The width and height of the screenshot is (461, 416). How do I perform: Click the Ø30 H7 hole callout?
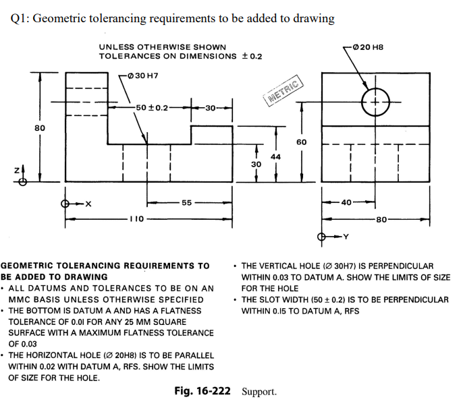[x=142, y=74]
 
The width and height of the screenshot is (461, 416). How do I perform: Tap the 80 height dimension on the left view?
[x=40, y=127]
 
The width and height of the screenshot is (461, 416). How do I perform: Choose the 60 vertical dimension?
[x=301, y=142]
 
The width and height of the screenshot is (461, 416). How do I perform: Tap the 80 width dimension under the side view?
[x=381, y=219]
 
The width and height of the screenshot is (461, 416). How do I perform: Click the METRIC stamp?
[x=286, y=93]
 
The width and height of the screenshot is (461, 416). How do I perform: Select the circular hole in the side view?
[x=375, y=102]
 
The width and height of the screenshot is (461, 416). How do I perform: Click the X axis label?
[x=88, y=203]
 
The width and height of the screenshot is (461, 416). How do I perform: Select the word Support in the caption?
[x=259, y=392]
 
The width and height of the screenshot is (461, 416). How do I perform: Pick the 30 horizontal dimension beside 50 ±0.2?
[x=211, y=107]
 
